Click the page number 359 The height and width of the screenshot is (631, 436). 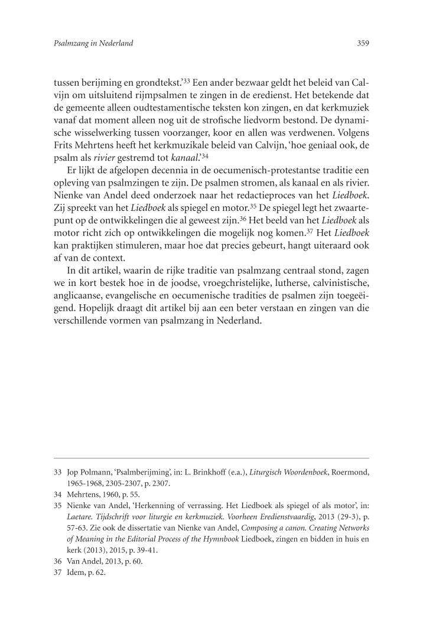(x=363, y=43)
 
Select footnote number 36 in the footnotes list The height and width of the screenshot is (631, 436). (x=58, y=561)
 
